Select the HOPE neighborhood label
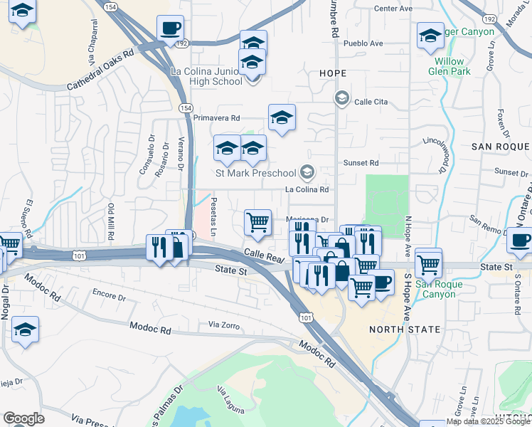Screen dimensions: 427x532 pos(333,73)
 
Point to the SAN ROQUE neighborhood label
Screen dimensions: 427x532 pos(501,146)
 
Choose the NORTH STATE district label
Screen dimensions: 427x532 pos(405,330)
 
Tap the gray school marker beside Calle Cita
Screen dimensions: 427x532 pos(342,97)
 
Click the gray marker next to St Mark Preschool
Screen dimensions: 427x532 pos(307,171)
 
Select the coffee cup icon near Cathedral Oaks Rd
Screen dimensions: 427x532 pos(170,28)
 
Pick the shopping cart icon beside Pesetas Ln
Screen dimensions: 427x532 pos(257,221)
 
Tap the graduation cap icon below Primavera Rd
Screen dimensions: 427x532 pos(282,117)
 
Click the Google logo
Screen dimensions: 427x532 pos(23,418)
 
